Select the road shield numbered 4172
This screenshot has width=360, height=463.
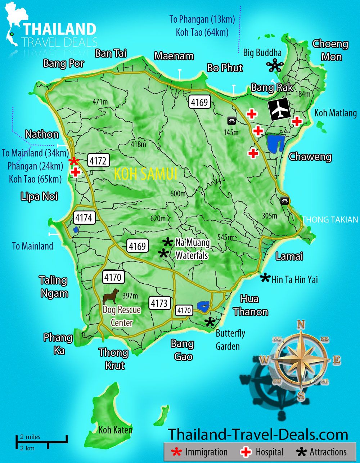98,161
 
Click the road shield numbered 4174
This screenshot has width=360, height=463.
84,217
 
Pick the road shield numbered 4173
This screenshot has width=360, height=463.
159,303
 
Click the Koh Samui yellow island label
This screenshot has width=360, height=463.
145,174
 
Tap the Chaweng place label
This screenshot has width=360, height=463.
310,157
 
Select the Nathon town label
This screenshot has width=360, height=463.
42,134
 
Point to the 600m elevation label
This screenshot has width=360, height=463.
178,194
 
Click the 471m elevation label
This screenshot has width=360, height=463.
100,102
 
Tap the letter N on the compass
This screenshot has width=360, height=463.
301,324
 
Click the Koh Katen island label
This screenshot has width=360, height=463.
115,430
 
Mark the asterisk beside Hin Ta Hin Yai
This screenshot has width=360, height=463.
265,278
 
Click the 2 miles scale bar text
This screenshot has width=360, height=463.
30,437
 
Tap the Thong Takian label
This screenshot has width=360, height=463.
330,219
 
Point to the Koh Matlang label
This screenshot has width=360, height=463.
336,113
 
